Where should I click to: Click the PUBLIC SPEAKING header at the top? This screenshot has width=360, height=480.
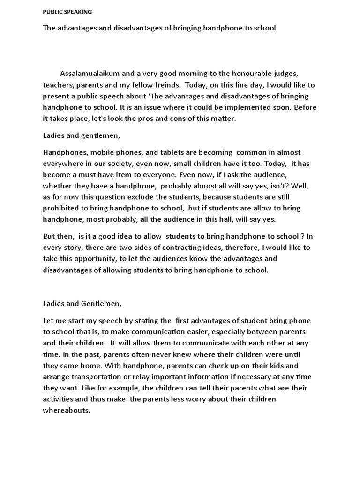[67, 12]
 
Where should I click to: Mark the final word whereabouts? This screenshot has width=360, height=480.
[66, 410]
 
